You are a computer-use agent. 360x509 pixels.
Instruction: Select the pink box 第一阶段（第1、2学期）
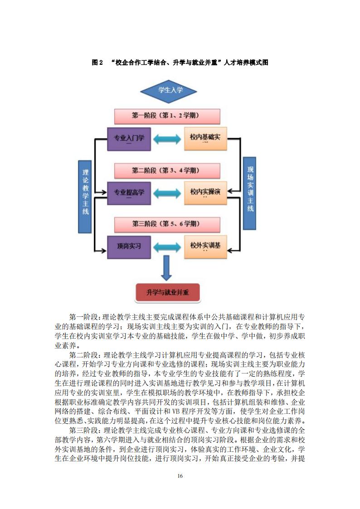[x=167, y=116]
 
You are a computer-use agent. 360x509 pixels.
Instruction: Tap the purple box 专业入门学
[x=129, y=138]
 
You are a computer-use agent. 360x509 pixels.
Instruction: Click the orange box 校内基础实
[x=205, y=138]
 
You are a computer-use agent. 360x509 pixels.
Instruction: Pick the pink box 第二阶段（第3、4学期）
[x=167, y=171]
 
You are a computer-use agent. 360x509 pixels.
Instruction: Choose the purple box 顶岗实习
[x=129, y=247]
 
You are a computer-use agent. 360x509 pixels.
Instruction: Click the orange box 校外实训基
[x=205, y=247]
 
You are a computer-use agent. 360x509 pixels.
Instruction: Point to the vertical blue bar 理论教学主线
[x=85, y=194]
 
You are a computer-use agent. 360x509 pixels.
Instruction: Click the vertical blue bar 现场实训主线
[x=250, y=193]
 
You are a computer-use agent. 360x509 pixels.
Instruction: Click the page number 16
[x=180, y=475]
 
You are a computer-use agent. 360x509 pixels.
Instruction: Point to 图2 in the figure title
[x=98, y=63]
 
